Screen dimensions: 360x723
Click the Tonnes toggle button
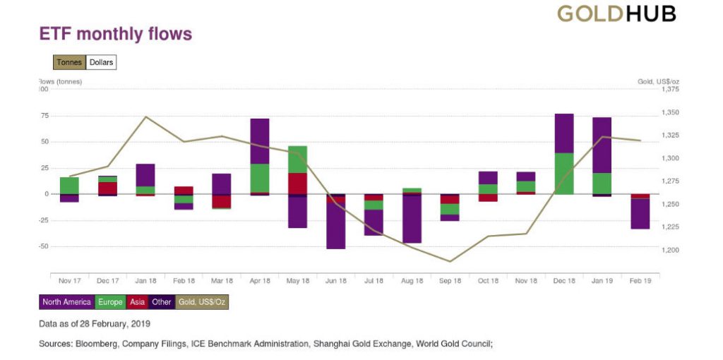69,62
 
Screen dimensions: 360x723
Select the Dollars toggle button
101,62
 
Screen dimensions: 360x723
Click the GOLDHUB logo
616,13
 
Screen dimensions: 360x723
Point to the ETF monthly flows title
116,34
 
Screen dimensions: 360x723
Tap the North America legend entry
66,302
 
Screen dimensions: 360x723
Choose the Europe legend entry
110,302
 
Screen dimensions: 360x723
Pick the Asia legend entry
136,302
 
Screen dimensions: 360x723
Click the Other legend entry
162,302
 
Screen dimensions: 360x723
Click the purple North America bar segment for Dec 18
564,133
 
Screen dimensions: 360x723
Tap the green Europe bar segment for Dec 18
564,173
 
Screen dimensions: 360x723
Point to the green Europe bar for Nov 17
69,185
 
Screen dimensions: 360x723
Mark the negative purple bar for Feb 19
640,214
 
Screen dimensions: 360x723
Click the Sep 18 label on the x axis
450,281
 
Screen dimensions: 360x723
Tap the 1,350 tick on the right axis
669,112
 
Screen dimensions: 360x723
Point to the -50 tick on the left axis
44,246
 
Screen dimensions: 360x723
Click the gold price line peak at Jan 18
145,116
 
